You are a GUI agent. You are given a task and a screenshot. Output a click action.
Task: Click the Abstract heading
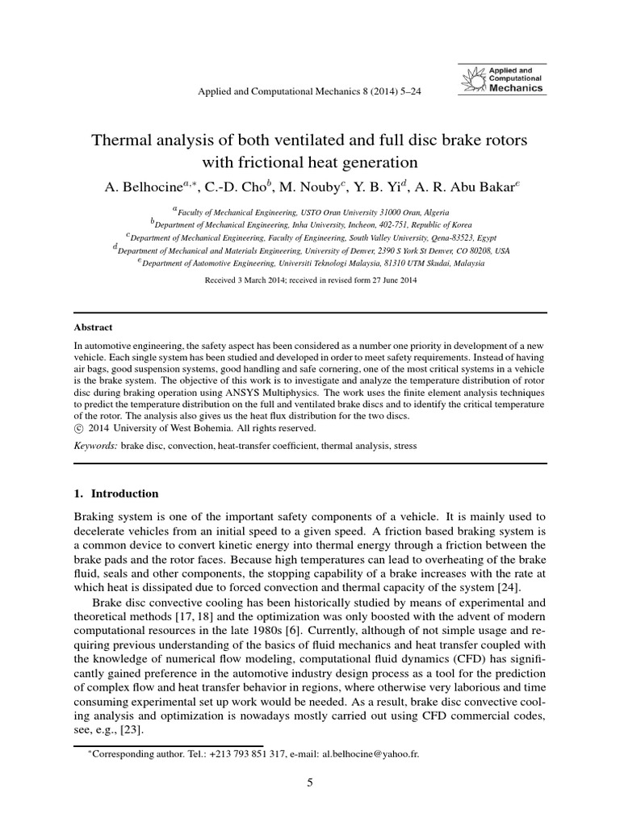point(93,328)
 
